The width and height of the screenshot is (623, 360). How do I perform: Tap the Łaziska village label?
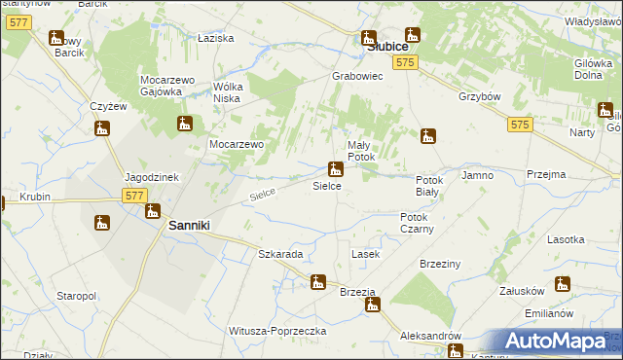point(215,38)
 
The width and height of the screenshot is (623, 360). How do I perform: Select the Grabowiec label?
point(357,75)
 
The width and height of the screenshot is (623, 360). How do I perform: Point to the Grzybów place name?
point(479,97)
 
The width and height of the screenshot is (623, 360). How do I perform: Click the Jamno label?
point(478,175)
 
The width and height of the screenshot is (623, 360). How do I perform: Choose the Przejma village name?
point(545,175)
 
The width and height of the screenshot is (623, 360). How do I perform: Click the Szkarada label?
point(280,254)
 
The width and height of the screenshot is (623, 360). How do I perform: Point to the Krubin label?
point(33,197)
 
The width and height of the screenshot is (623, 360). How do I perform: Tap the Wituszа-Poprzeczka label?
point(275,331)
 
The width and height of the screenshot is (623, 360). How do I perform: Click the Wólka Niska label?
point(230,91)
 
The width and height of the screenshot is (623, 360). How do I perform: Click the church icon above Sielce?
point(335,168)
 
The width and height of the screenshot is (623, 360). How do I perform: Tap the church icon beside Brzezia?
point(372,305)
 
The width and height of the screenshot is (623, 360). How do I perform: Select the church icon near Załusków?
point(562,284)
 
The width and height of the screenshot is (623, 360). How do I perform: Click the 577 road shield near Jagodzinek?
point(135,196)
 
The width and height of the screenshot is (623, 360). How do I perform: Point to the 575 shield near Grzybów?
point(519,125)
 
